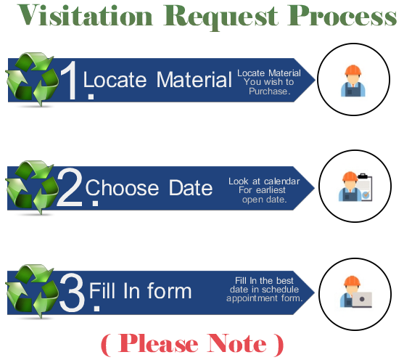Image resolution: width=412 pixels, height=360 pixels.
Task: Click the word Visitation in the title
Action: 85,15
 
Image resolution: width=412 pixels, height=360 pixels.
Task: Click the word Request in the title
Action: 221,17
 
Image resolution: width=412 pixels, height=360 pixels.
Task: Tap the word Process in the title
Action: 342,16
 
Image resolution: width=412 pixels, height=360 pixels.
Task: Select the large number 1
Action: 70,80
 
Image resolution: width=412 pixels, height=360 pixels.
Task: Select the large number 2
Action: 70,187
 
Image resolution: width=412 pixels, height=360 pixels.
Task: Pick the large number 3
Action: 72,292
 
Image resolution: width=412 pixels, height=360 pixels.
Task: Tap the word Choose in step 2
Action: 122,187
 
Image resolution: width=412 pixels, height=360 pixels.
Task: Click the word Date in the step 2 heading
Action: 191,187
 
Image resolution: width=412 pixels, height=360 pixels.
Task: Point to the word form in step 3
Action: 170,290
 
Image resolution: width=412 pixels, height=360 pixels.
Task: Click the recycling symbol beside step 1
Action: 32,79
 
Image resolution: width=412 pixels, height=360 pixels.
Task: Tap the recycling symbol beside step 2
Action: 32,187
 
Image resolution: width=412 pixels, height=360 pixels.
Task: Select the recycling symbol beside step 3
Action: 32,291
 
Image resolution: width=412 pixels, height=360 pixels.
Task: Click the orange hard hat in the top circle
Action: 353,70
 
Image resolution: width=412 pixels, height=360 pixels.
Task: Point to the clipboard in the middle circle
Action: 366,188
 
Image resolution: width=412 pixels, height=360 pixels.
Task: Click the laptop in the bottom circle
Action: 362,300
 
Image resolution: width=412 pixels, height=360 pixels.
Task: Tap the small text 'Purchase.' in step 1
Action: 270,91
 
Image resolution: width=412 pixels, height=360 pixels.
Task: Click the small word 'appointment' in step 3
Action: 252,298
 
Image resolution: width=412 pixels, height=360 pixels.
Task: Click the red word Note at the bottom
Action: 236,343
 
